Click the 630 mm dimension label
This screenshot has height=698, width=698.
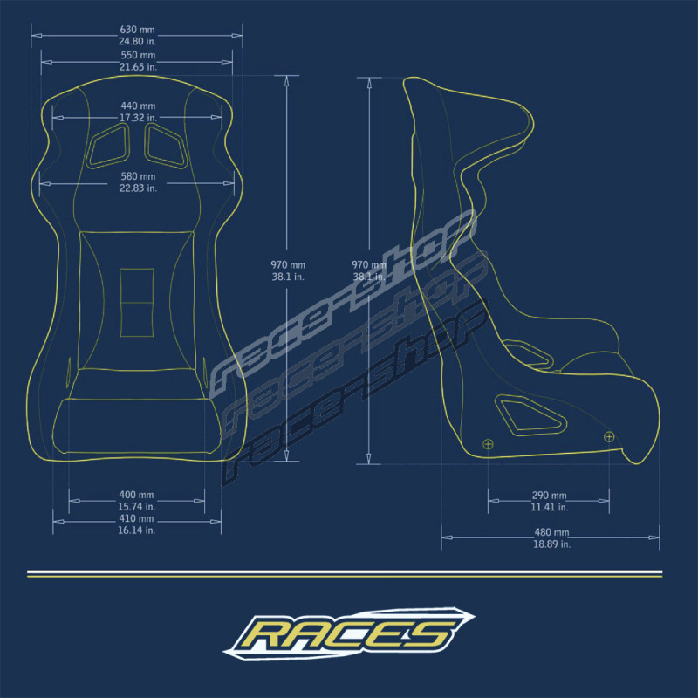[x=137, y=30]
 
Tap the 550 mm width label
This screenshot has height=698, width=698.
[x=138, y=55]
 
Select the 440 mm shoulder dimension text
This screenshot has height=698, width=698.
[x=138, y=106]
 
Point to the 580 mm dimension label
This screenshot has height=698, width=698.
[x=138, y=176]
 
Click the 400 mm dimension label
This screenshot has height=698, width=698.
[x=136, y=495]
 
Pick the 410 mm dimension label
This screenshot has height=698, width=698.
[x=136, y=518]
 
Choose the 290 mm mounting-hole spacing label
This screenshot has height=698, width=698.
[x=550, y=496]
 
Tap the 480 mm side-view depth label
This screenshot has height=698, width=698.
[x=551, y=532]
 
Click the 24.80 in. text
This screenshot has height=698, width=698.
[x=138, y=41]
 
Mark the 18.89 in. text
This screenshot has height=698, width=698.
[x=552, y=544]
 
